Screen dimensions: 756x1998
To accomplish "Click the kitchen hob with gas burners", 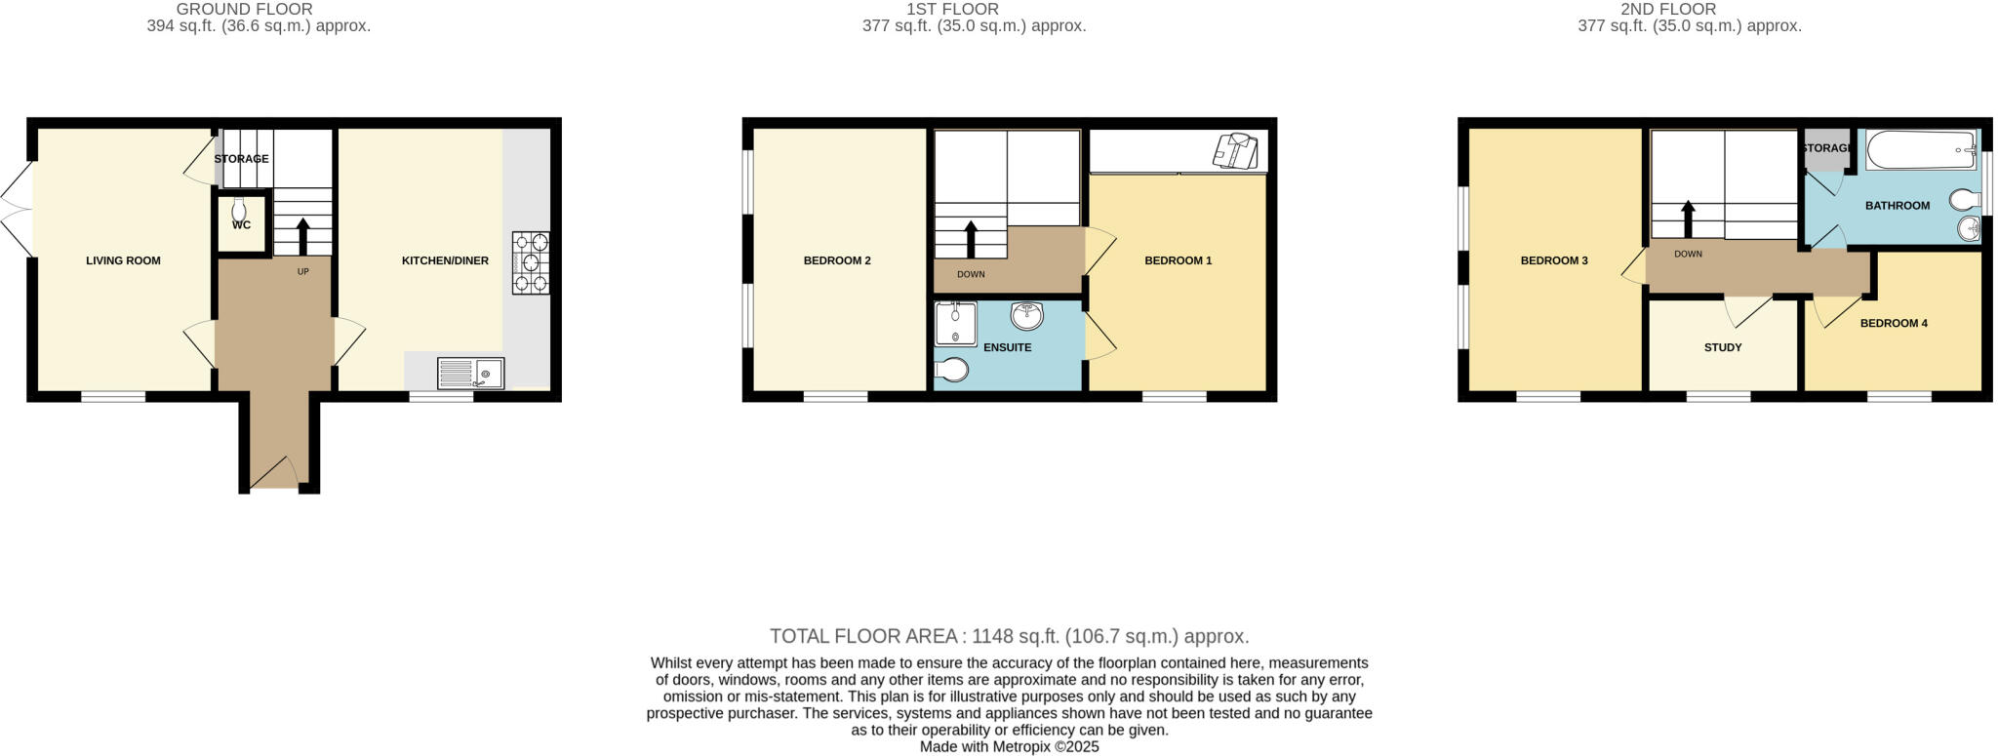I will point(531,262).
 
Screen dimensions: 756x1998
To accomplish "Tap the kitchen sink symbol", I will point(470,374).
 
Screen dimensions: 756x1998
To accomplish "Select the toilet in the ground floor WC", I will point(240,210).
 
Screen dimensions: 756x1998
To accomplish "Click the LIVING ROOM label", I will point(123,260).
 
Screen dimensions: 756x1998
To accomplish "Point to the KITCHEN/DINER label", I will point(445,260).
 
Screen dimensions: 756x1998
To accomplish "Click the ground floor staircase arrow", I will point(301,235).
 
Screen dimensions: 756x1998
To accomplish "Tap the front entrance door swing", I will point(275,474).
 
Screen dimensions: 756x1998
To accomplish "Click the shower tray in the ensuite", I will point(954,324).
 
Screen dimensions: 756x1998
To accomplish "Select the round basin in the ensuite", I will point(1026,315).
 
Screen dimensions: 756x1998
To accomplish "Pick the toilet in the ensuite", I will point(952,370).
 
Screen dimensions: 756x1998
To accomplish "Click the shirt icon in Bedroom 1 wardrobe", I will point(1236,151).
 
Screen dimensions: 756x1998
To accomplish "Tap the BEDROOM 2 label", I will point(837,260).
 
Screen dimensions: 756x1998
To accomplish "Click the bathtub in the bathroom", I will point(1921,150).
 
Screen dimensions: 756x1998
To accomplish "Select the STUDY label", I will point(1723,347).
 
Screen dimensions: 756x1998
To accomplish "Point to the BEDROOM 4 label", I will point(1894,323).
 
